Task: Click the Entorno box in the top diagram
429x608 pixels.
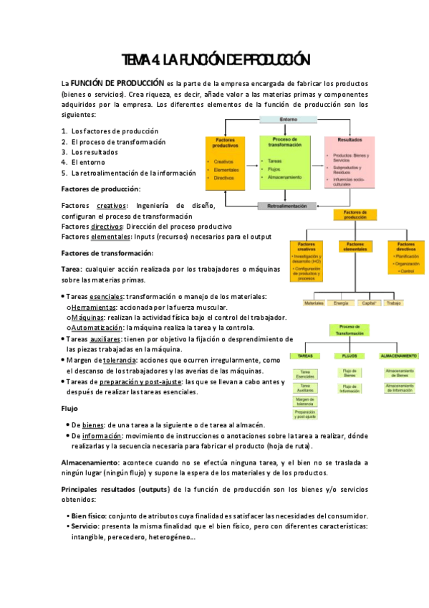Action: coord(288,119)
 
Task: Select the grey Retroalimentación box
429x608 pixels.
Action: coord(287,206)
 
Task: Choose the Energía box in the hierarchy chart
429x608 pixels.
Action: coord(341,303)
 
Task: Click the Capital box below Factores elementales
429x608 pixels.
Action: coord(370,303)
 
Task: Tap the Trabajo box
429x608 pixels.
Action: coord(394,303)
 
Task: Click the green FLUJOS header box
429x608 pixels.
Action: coord(350,356)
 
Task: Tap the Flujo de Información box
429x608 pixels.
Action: coord(350,388)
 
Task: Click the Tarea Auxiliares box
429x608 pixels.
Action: coord(306,387)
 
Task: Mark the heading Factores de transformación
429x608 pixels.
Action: coord(107,252)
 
